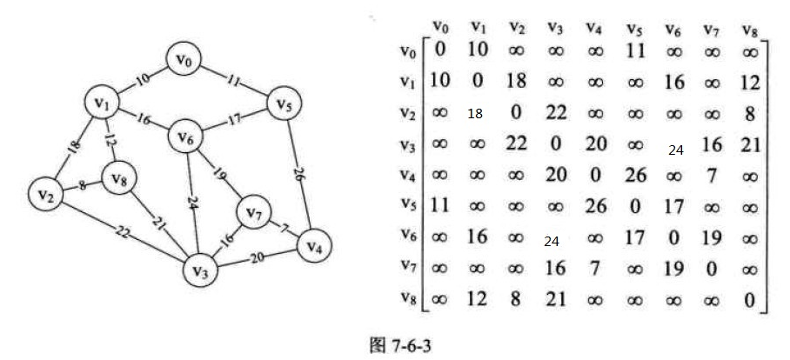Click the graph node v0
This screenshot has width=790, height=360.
[x=185, y=59]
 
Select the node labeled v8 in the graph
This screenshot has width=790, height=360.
[x=118, y=179]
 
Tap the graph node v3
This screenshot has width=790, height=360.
[x=201, y=270]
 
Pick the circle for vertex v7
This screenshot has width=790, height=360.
[x=254, y=212]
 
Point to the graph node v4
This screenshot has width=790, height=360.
[x=315, y=247]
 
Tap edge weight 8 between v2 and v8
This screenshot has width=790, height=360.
[x=82, y=184]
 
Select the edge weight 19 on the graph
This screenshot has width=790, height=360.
[x=218, y=174]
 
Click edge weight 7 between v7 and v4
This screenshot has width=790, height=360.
[x=284, y=229]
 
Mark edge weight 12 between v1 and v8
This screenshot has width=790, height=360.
[x=110, y=139]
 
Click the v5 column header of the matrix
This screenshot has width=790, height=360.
[x=635, y=29]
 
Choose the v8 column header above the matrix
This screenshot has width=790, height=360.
[x=751, y=29]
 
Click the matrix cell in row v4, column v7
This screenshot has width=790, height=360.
[x=712, y=176]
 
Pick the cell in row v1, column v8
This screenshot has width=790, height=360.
[x=750, y=82]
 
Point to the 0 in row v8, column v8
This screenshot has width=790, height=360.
[x=750, y=300]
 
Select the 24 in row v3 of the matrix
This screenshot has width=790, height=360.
[x=676, y=150]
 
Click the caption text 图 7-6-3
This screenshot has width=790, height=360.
[x=401, y=346]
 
